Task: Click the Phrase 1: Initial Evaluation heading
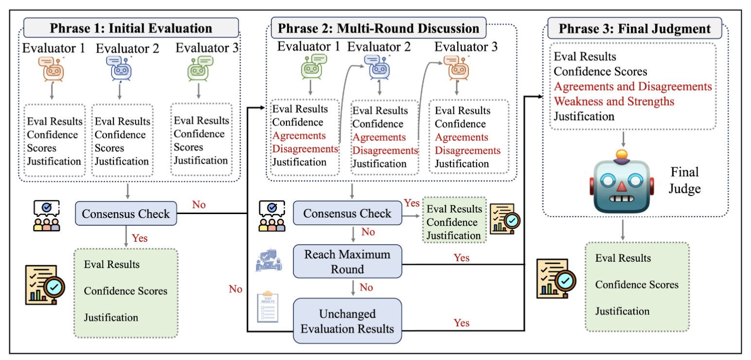[x=131, y=28]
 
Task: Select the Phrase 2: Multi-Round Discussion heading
[x=378, y=28]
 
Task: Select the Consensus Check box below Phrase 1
[x=126, y=214]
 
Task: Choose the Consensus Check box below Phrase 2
[x=347, y=213]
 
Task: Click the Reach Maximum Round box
[x=347, y=261]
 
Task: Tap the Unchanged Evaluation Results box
[x=347, y=321]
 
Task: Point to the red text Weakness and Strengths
[x=614, y=101]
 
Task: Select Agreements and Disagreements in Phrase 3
[x=633, y=87]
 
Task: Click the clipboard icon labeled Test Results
[x=268, y=307]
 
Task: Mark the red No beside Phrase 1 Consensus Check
[x=199, y=204]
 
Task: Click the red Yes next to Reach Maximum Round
[x=461, y=257]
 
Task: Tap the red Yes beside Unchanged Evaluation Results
[x=461, y=323]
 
